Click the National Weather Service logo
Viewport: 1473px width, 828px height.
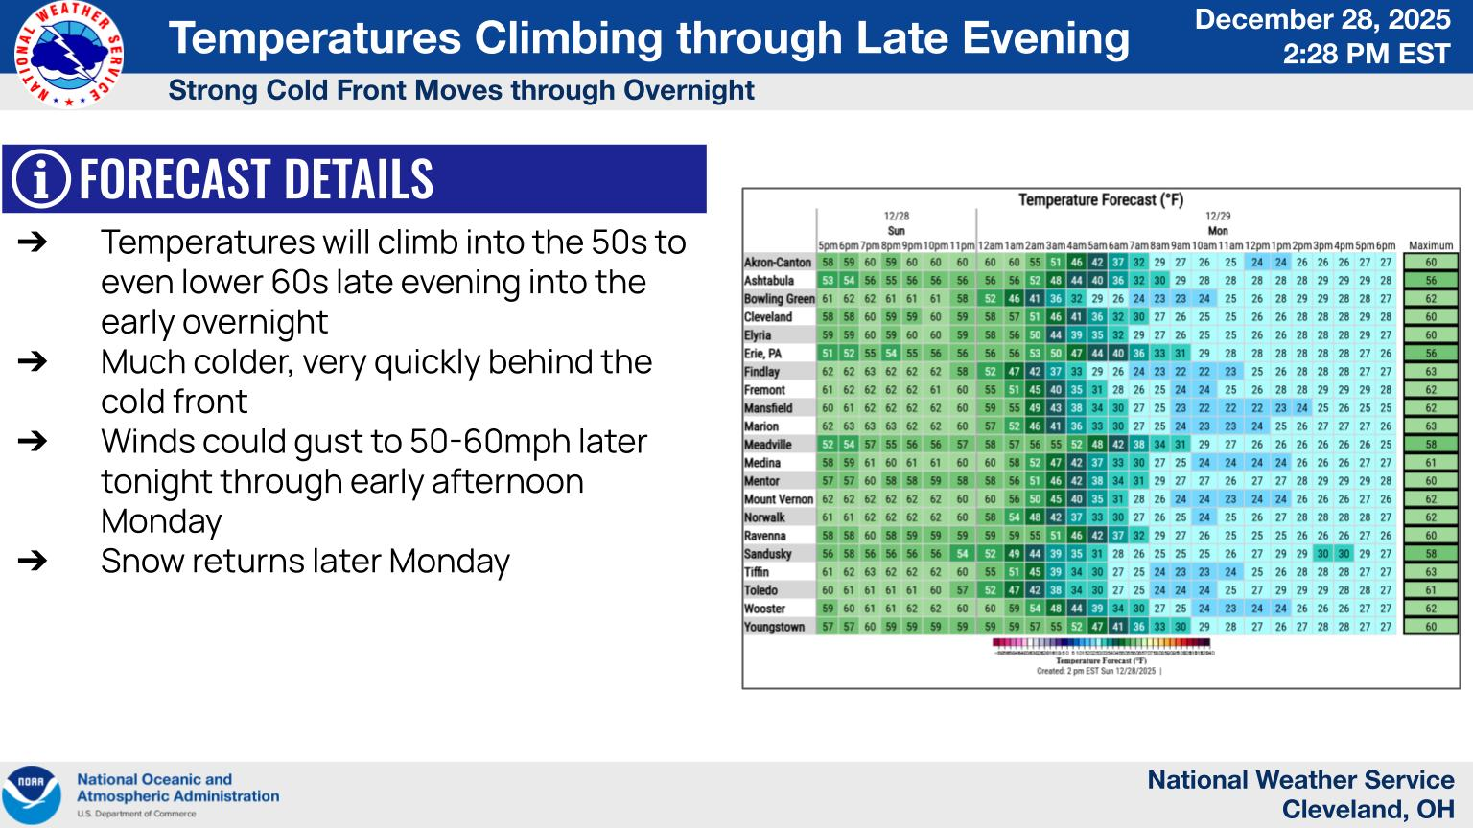(69, 55)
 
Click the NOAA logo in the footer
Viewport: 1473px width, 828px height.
(31, 794)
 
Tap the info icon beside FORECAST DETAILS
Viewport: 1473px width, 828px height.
(40, 179)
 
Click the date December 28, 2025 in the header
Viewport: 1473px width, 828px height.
(1322, 19)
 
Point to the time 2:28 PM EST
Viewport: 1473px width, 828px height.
(1366, 55)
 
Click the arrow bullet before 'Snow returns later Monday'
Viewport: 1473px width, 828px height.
(33, 561)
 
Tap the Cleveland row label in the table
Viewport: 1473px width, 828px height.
(768, 317)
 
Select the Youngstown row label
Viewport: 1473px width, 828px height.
(774, 627)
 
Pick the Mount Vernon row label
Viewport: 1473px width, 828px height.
(778, 499)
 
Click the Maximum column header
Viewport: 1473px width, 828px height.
(1431, 246)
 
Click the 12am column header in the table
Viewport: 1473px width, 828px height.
(989, 246)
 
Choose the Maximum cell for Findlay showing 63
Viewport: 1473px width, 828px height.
(1431, 372)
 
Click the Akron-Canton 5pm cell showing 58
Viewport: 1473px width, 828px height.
(827, 263)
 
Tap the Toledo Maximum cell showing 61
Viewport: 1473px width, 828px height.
(1431, 590)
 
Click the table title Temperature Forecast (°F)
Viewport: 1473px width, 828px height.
(1100, 200)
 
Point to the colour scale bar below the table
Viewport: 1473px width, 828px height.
(1100, 644)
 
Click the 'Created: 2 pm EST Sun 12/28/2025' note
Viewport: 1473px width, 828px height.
(1098, 672)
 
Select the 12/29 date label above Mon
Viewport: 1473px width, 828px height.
(1217, 217)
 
